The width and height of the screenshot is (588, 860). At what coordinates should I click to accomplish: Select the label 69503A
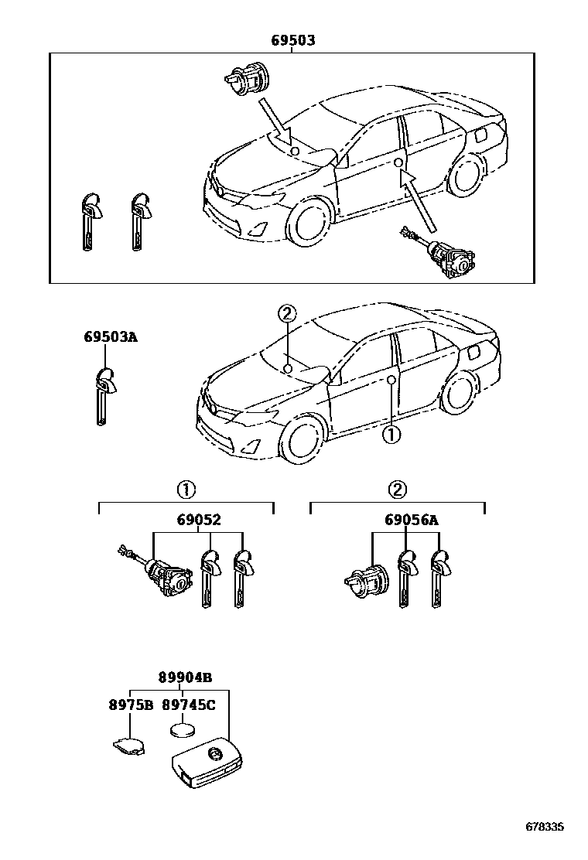(x=111, y=337)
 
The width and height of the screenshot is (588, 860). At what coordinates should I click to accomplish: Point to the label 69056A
(x=411, y=520)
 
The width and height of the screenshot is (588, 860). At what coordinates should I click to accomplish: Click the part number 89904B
(x=185, y=677)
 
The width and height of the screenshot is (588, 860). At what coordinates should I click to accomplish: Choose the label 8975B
(x=130, y=705)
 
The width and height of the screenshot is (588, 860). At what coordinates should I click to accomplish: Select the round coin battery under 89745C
(x=184, y=731)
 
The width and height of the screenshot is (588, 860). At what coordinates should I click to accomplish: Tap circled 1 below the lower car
(x=391, y=435)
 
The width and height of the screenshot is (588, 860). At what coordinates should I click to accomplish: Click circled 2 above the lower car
(x=287, y=313)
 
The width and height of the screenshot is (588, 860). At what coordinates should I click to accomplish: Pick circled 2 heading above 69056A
(x=396, y=490)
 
